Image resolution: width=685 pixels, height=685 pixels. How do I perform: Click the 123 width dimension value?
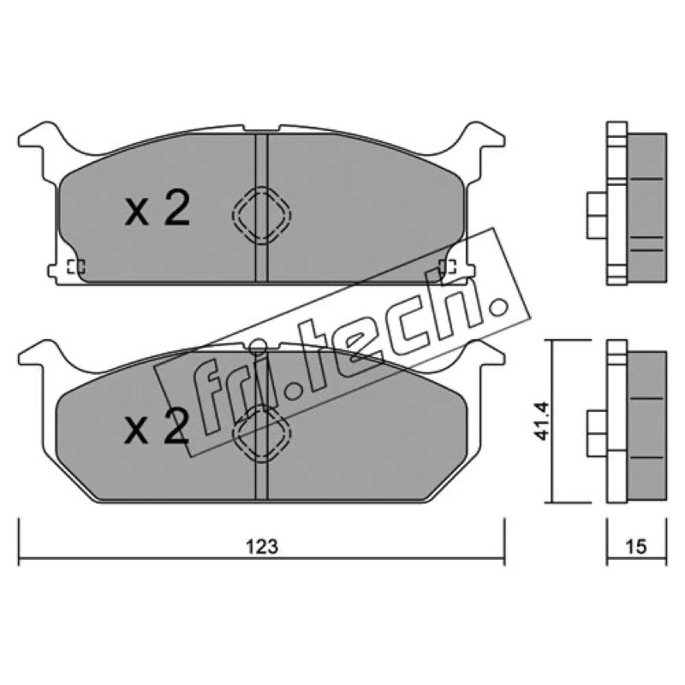click(x=262, y=547)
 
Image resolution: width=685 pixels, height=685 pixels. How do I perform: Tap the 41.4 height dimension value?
click(x=542, y=421)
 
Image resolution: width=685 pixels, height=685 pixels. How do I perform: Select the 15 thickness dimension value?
click(x=636, y=547)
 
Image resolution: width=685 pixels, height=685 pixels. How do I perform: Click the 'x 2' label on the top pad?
click(x=158, y=209)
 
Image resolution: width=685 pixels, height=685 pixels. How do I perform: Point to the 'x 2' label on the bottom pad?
click(x=158, y=426)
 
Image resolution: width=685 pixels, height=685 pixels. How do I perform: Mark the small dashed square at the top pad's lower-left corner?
click(x=75, y=266)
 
